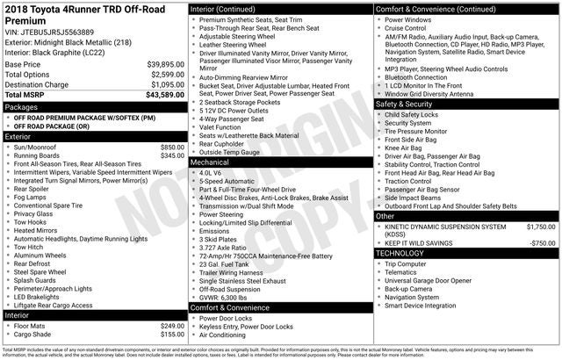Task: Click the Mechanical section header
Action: coord(211,162)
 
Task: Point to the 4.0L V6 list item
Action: coord(211,173)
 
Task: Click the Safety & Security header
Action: coord(411,104)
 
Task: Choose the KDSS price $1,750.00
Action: coord(539,226)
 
